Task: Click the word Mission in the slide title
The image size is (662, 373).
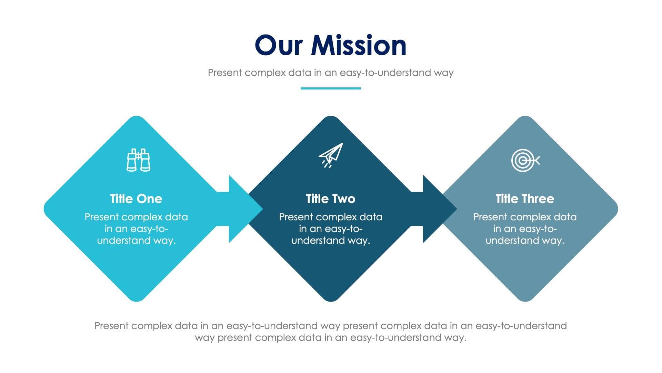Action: (359, 46)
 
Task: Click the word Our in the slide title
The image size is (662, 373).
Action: (279, 46)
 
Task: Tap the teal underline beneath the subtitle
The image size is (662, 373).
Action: (330, 88)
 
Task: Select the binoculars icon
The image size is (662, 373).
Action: (138, 160)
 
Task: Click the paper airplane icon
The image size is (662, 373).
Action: (331, 155)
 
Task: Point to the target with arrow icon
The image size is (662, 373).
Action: (525, 160)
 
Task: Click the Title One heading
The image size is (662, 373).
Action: (136, 199)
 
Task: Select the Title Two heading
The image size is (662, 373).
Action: (330, 199)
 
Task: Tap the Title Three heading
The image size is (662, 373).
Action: (524, 199)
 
